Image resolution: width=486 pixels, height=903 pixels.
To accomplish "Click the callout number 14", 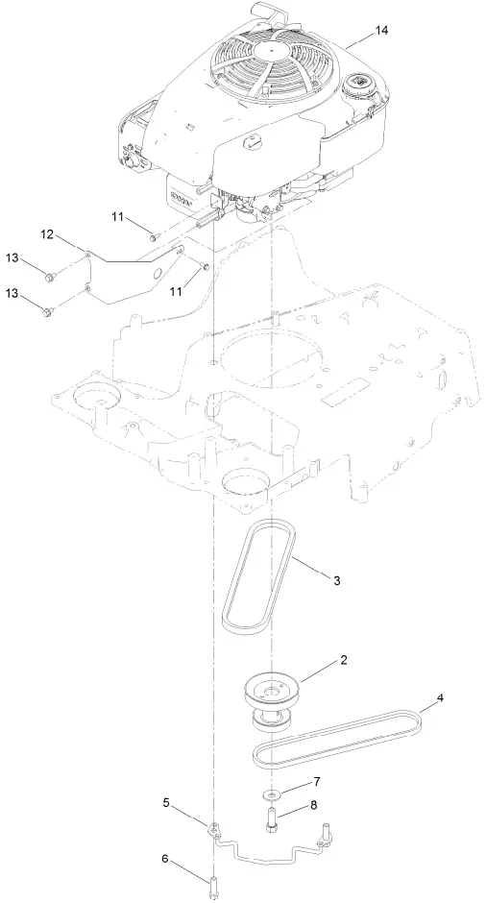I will click(x=382, y=31).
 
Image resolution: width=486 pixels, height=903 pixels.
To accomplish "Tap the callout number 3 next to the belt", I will click(x=335, y=581).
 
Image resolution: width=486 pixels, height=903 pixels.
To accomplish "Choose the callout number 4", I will click(x=441, y=699).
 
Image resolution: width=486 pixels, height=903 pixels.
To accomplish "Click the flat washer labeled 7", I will click(x=273, y=794).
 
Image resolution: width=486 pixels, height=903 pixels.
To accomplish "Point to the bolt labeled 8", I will click(x=273, y=821).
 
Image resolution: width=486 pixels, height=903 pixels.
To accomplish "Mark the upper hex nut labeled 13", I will click(x=50, y=278).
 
